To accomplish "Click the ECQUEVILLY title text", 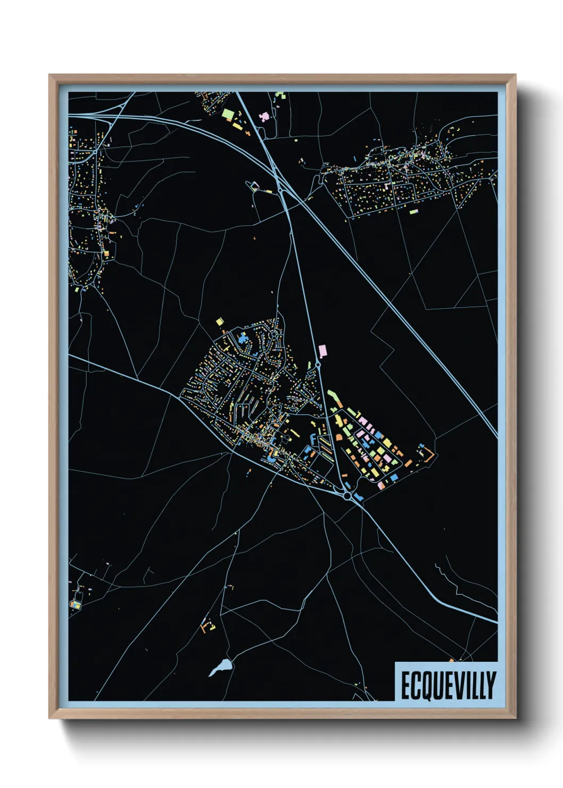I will coord(448,685).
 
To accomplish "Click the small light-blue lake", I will coord(221,667).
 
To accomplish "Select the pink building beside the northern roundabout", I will coord(322,351).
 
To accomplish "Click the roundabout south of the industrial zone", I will coord(347,496).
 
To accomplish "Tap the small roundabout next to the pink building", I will coord(318,364).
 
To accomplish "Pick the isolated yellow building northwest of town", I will coord(219,322).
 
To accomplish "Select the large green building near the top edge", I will coord(228,114).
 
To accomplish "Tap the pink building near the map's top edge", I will coord(263,116).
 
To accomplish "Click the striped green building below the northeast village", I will coord(413,211).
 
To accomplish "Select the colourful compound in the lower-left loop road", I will coord(76,604).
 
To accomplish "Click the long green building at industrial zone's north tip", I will coord(333,396).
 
